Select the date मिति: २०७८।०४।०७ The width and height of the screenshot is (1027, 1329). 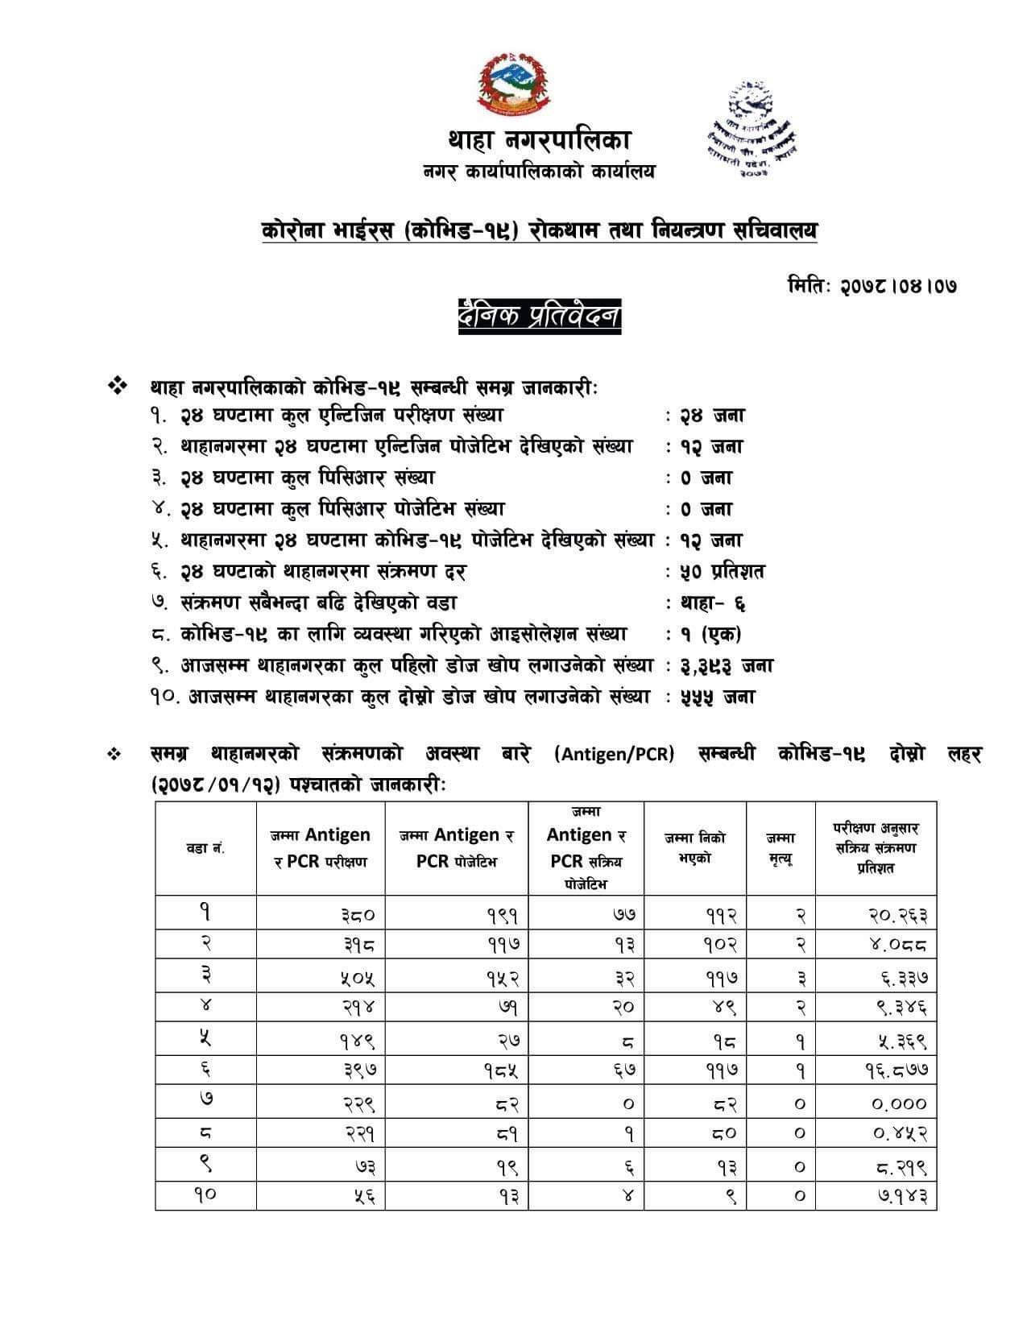(x=872, y=286)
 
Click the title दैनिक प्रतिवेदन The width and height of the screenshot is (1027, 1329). (x=539, y=316)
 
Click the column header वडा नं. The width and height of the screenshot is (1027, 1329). (x=205, y=848)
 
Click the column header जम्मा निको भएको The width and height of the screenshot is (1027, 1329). (x=694, y=848)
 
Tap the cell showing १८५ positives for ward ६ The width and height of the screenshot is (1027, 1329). (x=499, y=1072)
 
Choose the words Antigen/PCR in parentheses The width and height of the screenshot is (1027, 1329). (x=614, y=755)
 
